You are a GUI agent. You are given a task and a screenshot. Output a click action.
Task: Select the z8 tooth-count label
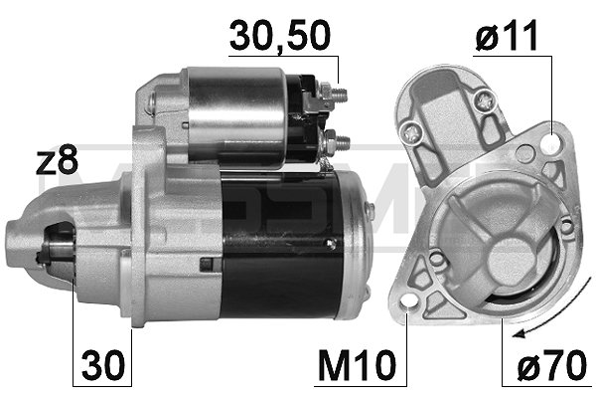[x=57, y=162]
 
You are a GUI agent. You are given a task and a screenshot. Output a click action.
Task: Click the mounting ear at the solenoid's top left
[x=152, y=99]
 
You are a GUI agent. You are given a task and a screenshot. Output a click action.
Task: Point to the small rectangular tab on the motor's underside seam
[x=207, y=264]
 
